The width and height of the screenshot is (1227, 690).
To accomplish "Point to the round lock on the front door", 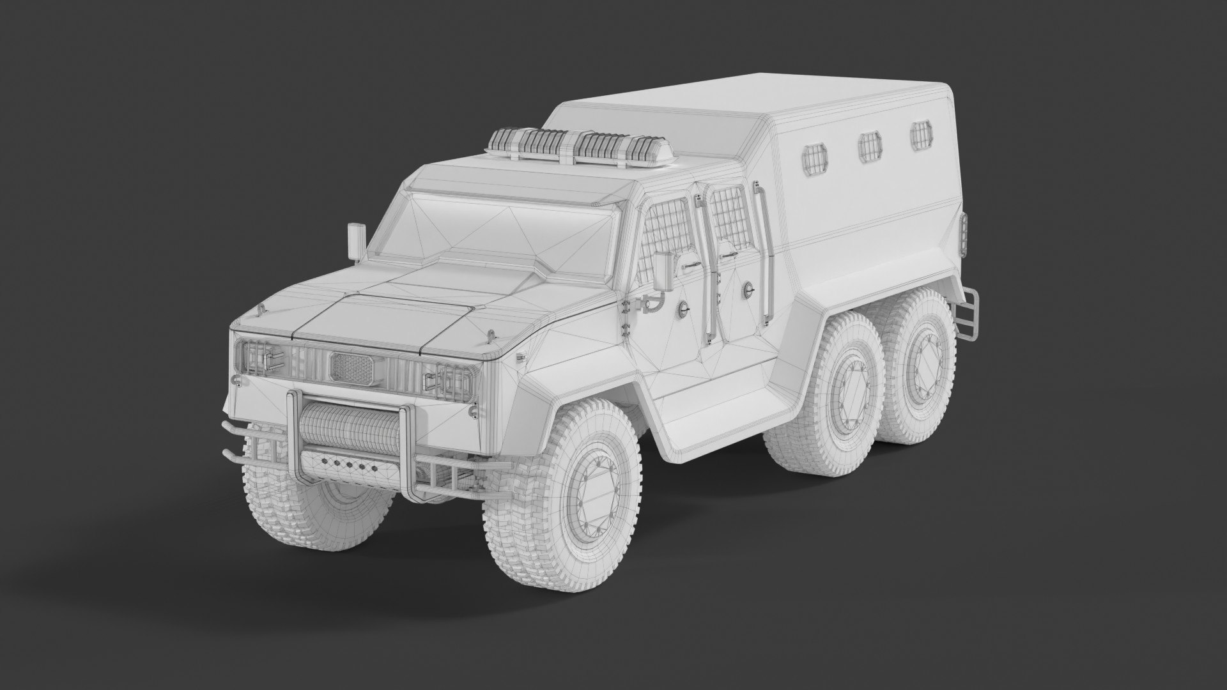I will [x=685, y=308].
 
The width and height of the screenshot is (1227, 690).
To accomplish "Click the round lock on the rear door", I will [x=746, y=291].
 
